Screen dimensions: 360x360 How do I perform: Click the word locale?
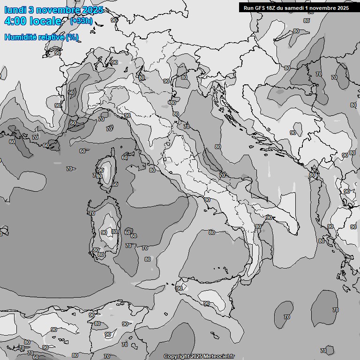(x=46, y=21)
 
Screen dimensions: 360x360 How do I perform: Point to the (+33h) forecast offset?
(x=81, y=21)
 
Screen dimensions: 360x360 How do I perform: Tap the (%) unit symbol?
(x=72, y=37)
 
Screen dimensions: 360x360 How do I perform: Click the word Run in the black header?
(x=248, y=7)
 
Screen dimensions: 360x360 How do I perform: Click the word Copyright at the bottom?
(x=177, y=357)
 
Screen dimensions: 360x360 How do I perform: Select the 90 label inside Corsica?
(x=100, y=170)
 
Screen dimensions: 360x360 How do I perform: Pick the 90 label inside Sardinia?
(x=104, y=232)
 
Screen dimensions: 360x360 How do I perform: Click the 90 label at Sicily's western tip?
(x=179, y=288)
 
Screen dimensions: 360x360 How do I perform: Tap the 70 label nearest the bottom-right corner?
(x=323, y=351)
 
